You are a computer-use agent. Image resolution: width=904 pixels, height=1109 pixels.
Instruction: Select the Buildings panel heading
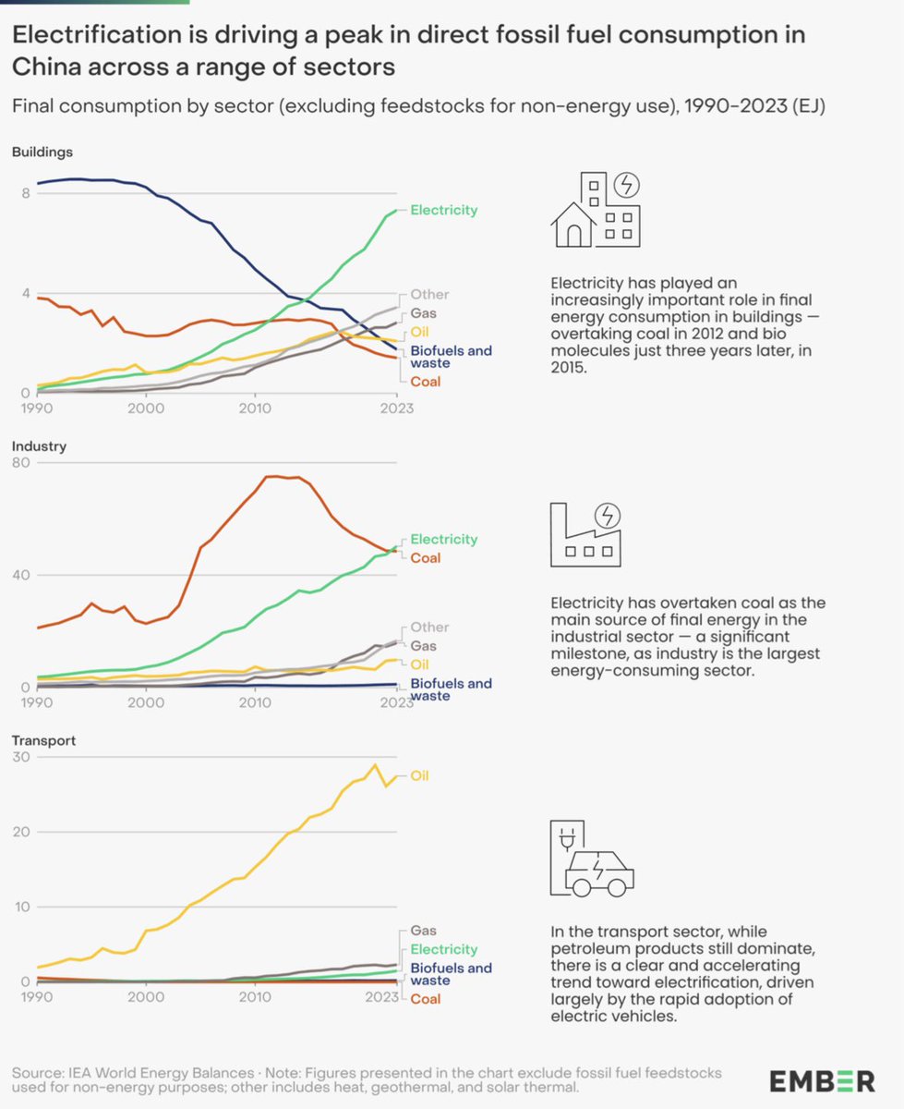click(42, 152)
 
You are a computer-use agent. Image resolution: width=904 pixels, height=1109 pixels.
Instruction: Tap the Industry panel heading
click(39, 446)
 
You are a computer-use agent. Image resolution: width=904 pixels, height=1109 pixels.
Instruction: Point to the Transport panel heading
click(43, 740)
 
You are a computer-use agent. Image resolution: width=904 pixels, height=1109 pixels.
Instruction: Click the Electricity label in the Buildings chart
click(444, 210)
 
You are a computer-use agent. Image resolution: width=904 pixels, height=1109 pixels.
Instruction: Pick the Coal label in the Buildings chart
click(426, 381)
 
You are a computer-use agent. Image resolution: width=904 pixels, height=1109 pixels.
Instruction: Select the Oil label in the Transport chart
click(419, 776)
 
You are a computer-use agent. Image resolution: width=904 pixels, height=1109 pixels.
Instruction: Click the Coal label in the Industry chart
click(426, 557)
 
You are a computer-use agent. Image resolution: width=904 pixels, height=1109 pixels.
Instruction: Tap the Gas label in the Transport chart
click(424, 931)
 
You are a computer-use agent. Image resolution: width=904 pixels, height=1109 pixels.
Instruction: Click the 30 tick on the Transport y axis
click(19, 757)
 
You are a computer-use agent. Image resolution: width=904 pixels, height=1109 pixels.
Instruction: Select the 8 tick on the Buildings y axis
click(26, 193)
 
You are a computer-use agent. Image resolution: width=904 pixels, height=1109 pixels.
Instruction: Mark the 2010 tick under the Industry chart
click(254, 702)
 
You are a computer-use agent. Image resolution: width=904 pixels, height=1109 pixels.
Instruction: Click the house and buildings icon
click(596, 210)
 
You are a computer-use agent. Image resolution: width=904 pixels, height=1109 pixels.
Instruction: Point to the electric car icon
click(592, 859)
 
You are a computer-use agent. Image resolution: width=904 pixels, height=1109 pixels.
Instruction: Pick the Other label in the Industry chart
click(429, 628)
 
